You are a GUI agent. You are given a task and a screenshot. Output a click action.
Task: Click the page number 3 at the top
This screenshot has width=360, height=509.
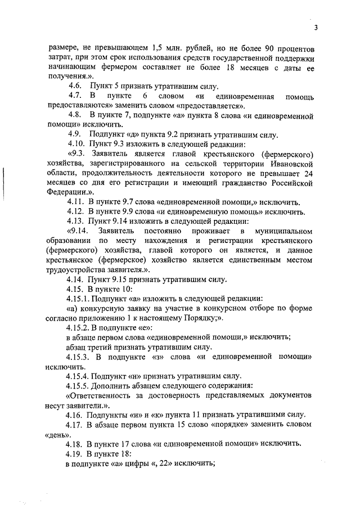click(316, 28)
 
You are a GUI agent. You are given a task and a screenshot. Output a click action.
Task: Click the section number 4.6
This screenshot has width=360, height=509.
click(75, 85)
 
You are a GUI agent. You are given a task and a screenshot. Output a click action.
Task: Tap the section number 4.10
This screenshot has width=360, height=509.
click(76, 143)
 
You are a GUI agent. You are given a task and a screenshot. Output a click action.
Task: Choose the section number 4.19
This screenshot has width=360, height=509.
click(76, 453)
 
